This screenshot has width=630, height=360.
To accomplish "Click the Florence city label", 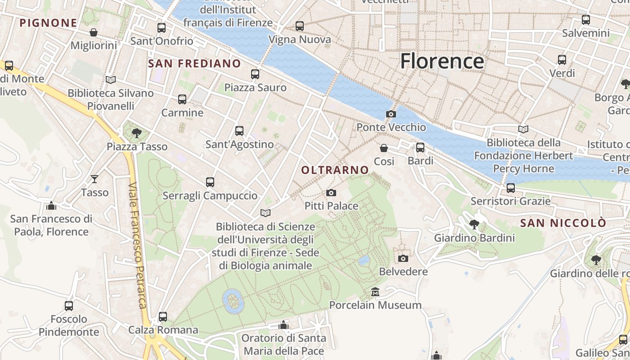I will pos(442,61).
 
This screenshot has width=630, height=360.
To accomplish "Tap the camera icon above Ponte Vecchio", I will pos(391,114).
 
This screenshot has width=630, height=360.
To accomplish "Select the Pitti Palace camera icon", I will pos(331,193).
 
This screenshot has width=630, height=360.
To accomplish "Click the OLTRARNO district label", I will pos(335,170).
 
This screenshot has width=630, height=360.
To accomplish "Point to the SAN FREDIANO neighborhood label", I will pos(194,63).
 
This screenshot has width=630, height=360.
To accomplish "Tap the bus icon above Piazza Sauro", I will pos(255,74).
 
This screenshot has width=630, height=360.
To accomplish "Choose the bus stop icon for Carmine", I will pos(182,99).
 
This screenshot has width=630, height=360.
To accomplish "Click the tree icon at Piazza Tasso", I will pos(137,133).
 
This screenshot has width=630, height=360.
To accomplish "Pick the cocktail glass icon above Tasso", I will pos(94,179).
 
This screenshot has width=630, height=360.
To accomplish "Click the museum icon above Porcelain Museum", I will pos(375,292).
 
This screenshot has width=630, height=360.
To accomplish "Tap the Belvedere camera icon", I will pos(403,258).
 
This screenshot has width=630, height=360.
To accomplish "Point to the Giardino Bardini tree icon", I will pos(474,224).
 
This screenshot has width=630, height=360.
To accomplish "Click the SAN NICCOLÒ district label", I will pos(563,223).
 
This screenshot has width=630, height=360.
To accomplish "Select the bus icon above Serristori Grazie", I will pos(511,188).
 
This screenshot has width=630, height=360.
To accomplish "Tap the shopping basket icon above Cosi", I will pos(384,148).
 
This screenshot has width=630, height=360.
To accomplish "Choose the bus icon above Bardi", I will pos(420,148).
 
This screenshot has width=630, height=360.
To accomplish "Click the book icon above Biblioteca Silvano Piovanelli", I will pos(111,80).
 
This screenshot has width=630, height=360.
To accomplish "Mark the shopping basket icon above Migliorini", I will pos(94,32).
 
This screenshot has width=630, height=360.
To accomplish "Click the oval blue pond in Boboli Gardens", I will pos(232,301).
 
